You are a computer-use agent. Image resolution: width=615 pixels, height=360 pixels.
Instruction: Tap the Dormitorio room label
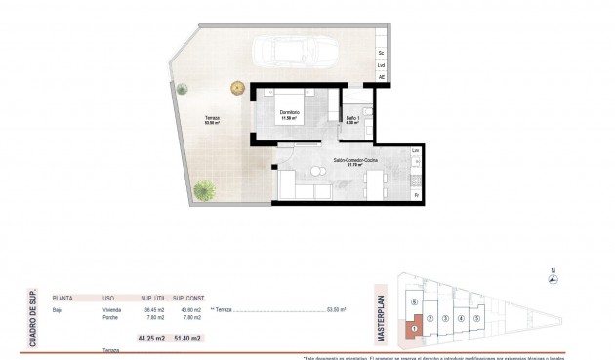[291, 113]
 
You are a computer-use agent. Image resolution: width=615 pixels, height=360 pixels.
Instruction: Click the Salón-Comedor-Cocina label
[355, 160]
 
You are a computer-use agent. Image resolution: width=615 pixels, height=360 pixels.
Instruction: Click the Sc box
[381, 51]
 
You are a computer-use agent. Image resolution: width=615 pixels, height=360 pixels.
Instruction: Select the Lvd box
[381, 64]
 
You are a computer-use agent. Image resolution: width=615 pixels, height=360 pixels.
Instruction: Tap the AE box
[381, 77]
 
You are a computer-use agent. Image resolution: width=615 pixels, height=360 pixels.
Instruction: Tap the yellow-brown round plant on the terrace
[236, 89]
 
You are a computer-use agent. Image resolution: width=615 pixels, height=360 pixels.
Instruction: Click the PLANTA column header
[64, 299]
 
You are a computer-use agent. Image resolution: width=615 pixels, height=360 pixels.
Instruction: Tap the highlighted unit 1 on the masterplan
[414, 327]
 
